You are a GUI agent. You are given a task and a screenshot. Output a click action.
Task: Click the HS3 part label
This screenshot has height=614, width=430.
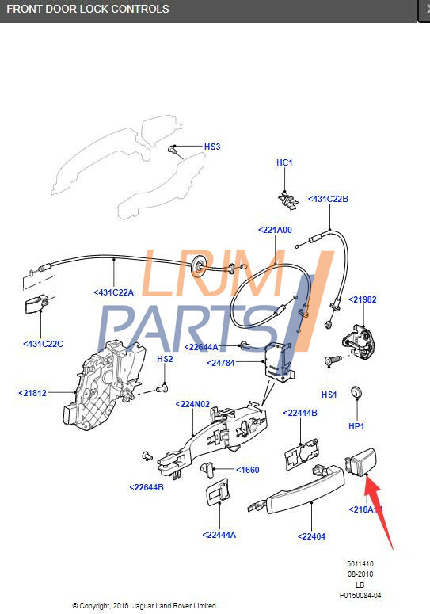(212, 147)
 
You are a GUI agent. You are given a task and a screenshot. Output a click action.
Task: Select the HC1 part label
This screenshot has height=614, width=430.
(284, 162)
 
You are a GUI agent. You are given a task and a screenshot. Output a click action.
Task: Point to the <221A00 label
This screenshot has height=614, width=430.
(275, 230)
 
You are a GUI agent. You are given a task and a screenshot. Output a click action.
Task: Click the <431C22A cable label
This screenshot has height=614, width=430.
(114, 292)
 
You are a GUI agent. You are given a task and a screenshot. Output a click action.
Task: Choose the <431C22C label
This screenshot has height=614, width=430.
(43, 344)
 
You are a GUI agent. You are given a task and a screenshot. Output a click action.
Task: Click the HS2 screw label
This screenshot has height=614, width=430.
(165, 359)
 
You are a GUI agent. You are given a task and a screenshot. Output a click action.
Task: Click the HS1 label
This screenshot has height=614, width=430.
(329, 394)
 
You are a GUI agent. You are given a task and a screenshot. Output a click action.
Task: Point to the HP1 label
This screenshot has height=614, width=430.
(356, 426)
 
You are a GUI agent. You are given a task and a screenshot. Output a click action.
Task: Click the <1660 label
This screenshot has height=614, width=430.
(247, 470)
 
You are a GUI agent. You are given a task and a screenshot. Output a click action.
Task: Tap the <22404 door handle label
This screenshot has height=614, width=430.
(311, 536)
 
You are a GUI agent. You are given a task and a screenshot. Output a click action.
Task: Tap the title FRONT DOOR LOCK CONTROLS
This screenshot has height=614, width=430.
(88, 9)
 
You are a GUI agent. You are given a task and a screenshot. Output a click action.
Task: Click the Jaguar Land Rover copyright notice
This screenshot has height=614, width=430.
(145, 606)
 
